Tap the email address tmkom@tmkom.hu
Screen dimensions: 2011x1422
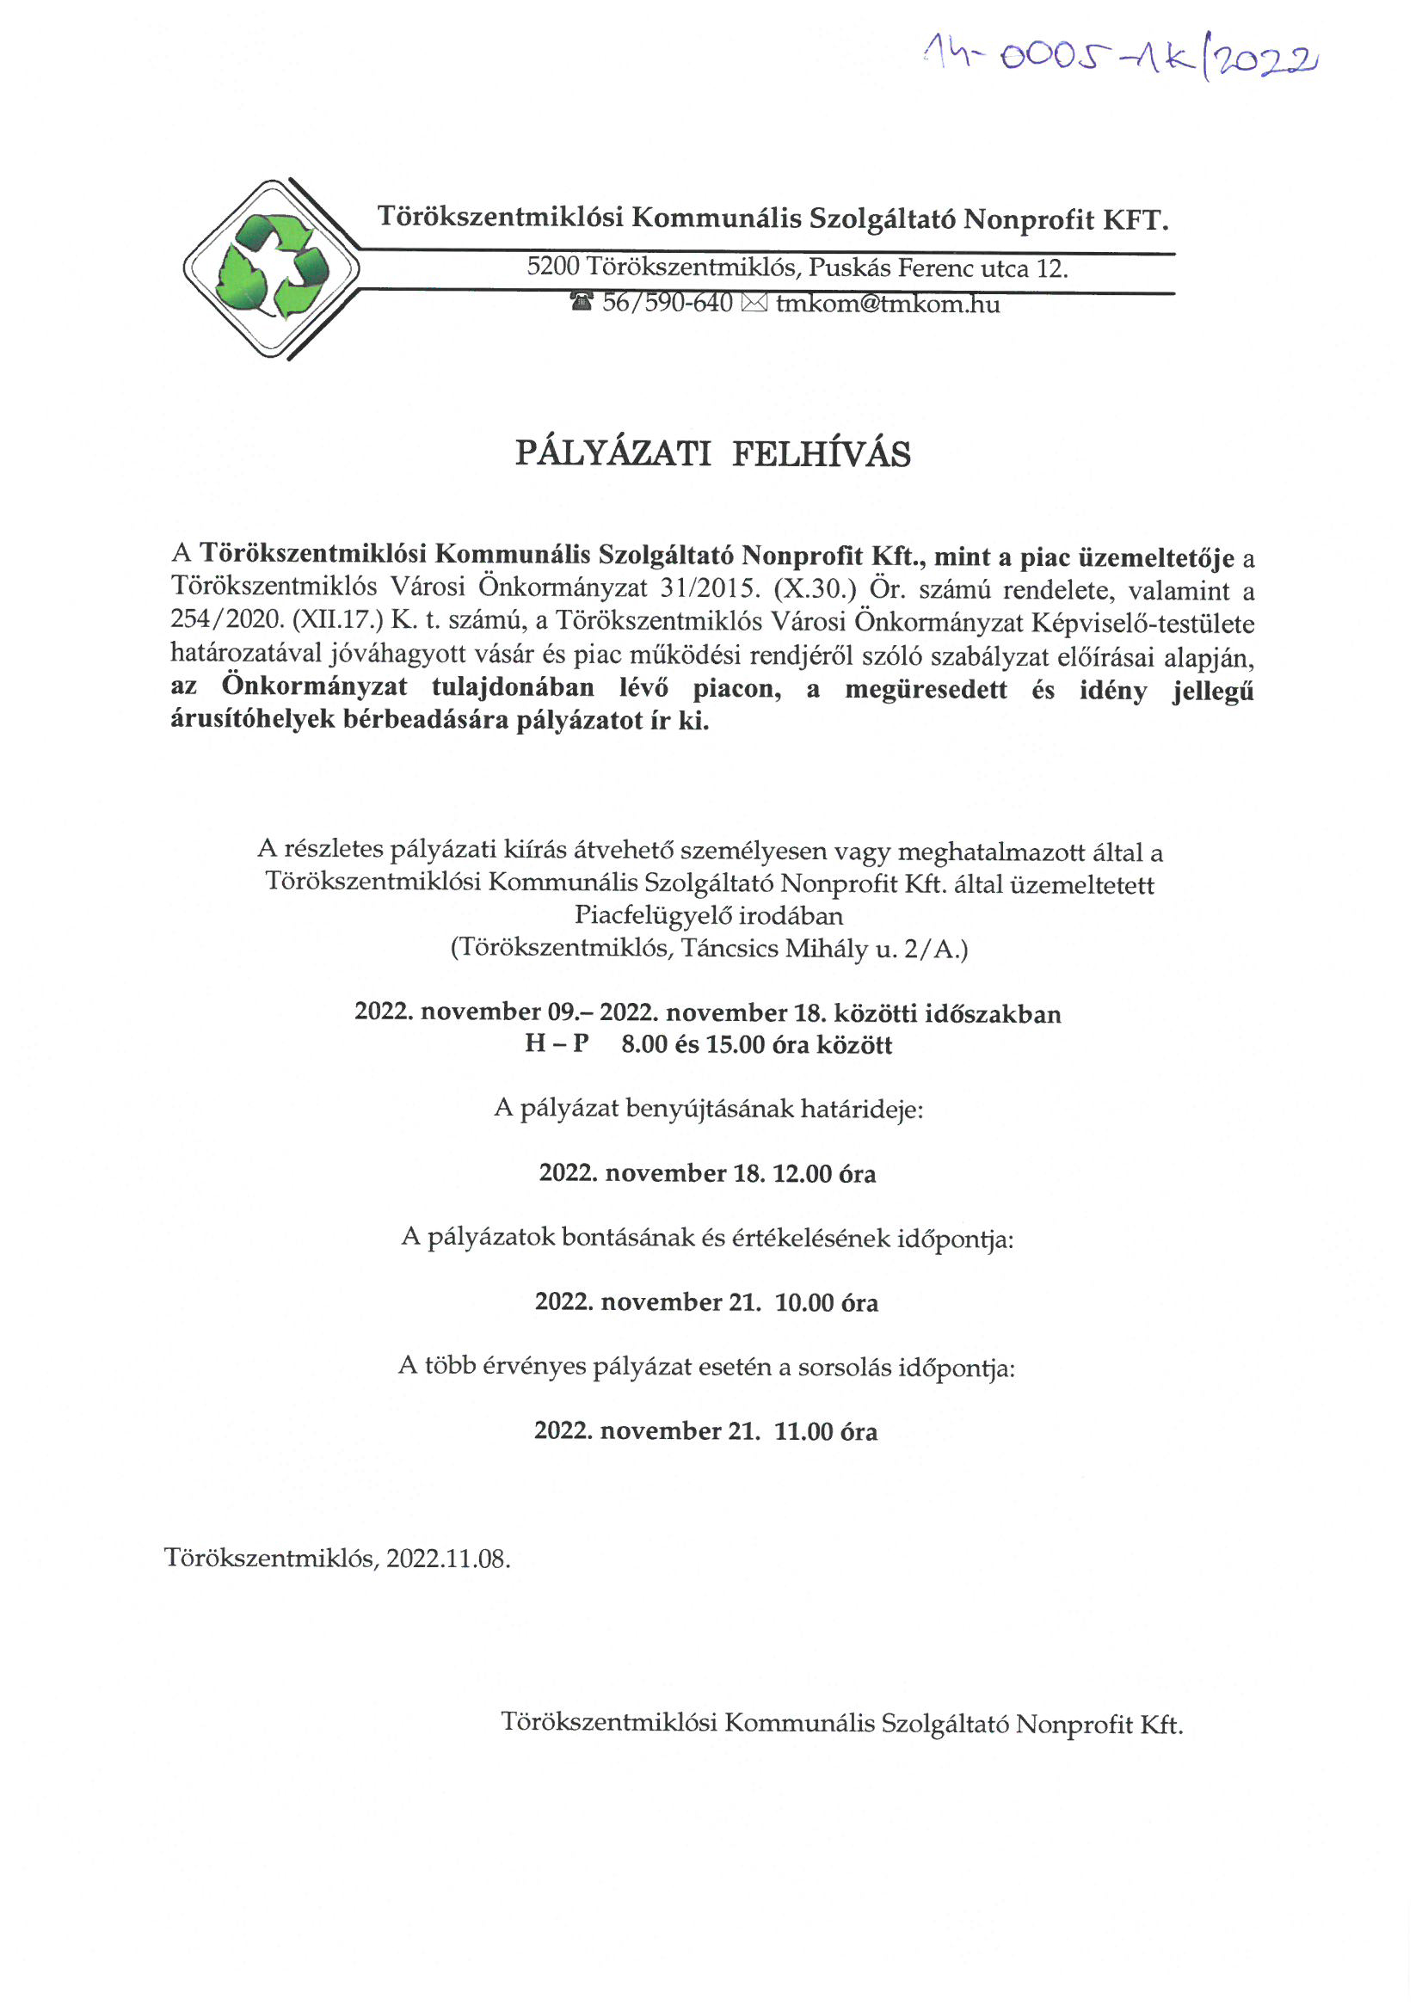point(888,304)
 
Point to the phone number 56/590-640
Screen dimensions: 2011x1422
point(667,303)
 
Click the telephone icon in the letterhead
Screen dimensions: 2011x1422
point(581,303)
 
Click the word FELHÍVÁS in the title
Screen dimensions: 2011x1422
point(821,453)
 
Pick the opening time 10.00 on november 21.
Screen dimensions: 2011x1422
point(804,1302)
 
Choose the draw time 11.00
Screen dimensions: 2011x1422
point(803,1431)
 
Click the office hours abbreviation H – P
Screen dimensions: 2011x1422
point(557,1044)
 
